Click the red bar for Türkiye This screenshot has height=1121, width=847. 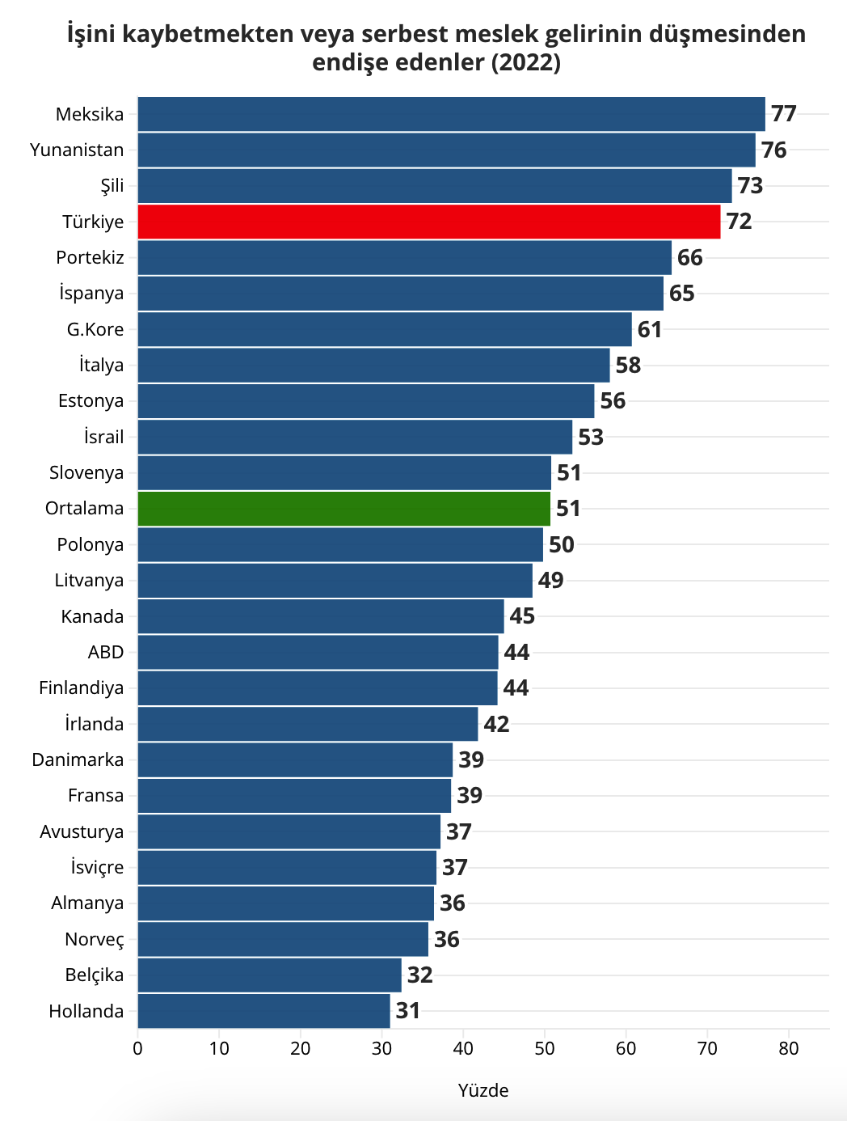(x=428, y=222)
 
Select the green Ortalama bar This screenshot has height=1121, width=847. (x=343, y=509)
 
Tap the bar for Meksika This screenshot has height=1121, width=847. (x=451, y=114)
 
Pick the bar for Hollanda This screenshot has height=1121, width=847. (x=263, y=1011)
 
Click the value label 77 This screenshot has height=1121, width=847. (x=784, y=114)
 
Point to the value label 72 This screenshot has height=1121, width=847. (x=739, y=222)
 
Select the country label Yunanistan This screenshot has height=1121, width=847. (x=77, y=150)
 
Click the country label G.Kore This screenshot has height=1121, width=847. (x=95, y=329)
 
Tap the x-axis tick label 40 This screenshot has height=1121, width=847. (x=463, y=1049)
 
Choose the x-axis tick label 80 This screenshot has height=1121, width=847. (x=789, y=1049)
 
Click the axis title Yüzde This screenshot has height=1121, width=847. (x=483, y=1090)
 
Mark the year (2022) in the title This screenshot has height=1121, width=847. (x=525, y=62)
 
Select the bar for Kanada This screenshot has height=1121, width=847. (x=321, y=616)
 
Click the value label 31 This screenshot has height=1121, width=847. (x=408, y=1011)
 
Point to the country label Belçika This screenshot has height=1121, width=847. (x=95, y=975)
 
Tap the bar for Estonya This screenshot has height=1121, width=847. (x=365, y=401)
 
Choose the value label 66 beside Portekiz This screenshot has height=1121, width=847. (x=690, y=257)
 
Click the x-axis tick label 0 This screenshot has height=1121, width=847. (x=137, y=1049)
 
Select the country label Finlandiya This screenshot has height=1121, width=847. (x=82, y=687)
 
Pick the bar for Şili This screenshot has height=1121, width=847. (x=434, y=186)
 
